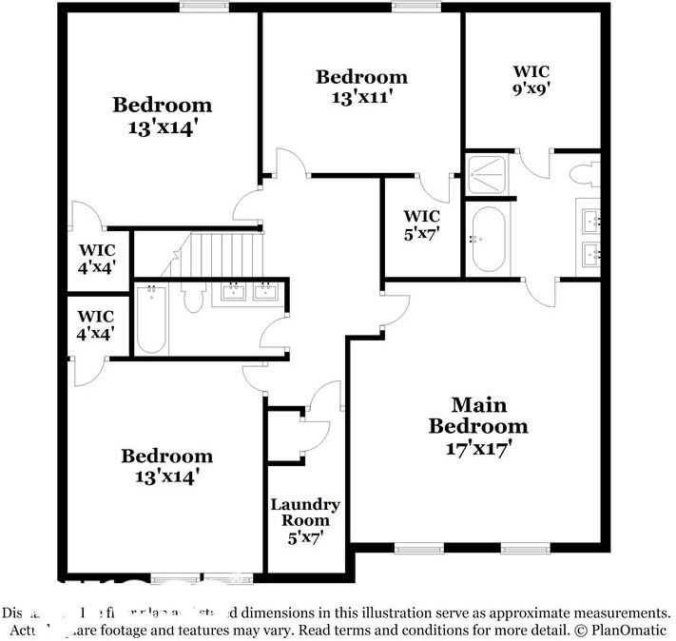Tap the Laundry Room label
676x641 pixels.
[x=305, y=513]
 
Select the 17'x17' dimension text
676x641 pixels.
[x=477, y=448]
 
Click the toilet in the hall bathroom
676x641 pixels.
[x=194, y=299]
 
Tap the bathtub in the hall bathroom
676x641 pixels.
[x=152, y=320]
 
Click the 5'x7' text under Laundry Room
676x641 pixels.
[x=305, y=538]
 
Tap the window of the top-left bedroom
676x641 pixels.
[x=198, y=8]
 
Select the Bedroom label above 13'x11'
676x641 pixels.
[x=361, y=77]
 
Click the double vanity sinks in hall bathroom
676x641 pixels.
[x=250, y=291]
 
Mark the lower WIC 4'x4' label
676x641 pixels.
[x=96, y=324]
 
